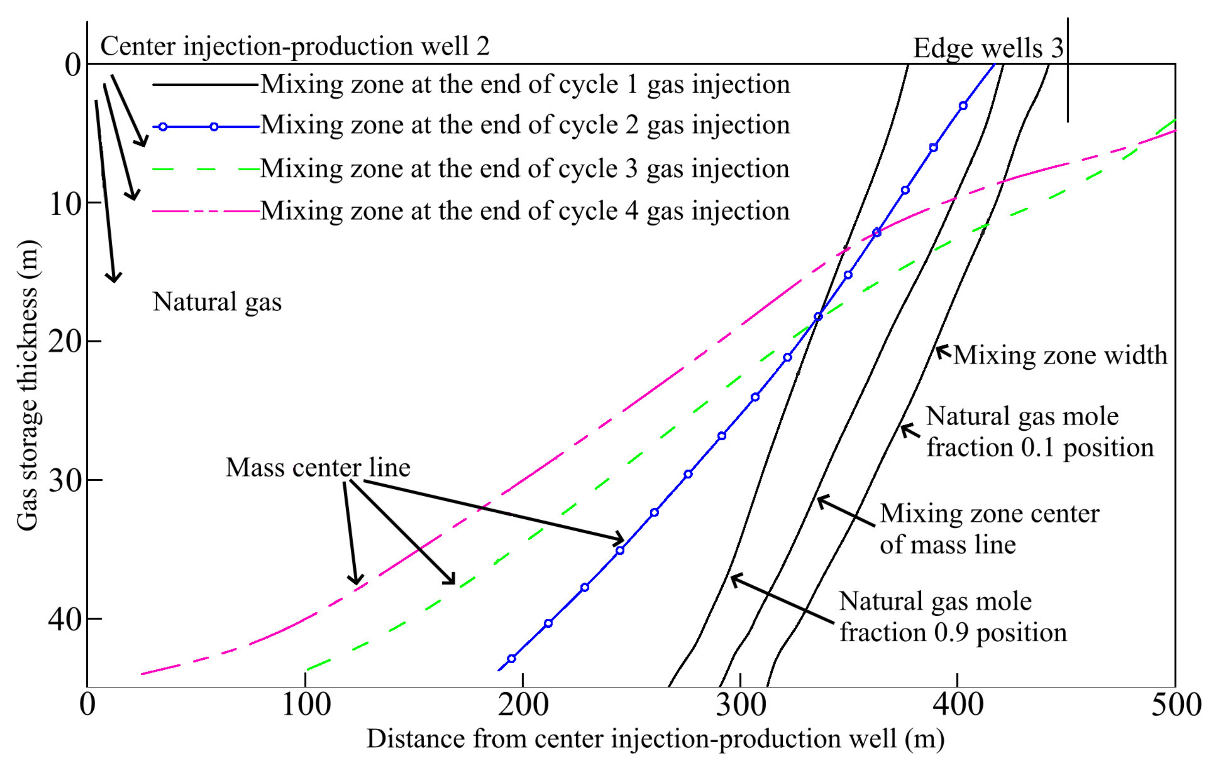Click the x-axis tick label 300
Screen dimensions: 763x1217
(x=740, y=705)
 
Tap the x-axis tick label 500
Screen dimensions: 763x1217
(x=1175, y=705)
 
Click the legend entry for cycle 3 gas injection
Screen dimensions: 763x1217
(x=525, y=168)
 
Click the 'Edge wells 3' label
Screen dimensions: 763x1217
(x=988, y=49)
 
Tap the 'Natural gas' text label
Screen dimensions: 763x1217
(x=217, y=302)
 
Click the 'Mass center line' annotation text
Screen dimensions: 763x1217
(x=318, y=468)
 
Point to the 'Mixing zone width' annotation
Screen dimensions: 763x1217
(x=1060, y=355)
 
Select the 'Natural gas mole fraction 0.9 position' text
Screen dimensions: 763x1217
(x=953, y=617)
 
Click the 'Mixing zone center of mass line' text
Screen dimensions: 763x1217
(x=989, y=529)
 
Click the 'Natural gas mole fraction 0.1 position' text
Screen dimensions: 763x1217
(x=1039, y=432)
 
